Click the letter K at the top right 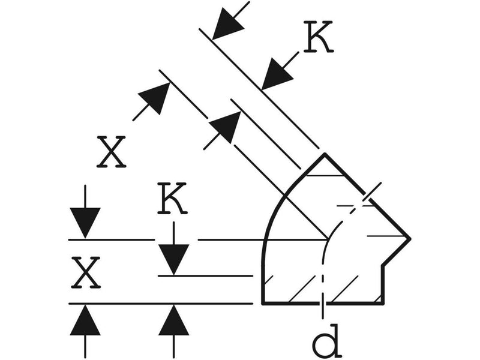click(x=319, y=37)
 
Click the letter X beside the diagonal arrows click(x=111, y=152)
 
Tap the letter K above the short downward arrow click(x=172, y=198)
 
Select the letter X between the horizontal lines click(x=85, y=273)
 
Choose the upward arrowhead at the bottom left click(x=85, y=320)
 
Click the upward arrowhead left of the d click(x=173, y=320)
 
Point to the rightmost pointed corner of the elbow click(x=410, y=238)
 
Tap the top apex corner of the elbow click(x=325, y=154)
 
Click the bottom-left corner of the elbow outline click(x=263, y=304)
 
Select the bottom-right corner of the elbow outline click(x=383, y=304)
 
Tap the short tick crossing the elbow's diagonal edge click(x=371, y=191)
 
